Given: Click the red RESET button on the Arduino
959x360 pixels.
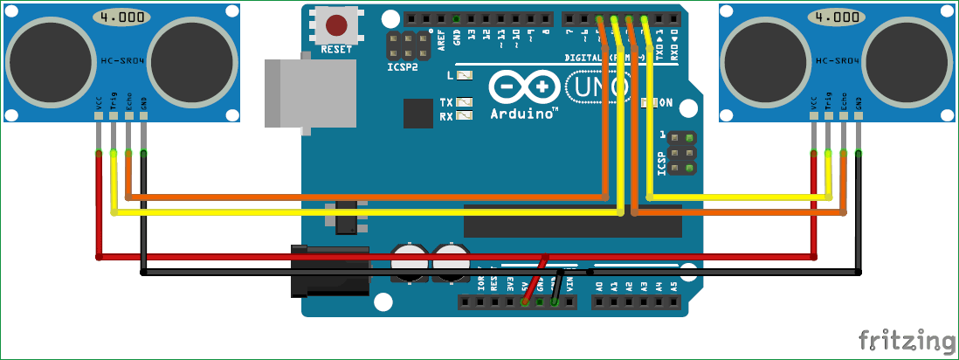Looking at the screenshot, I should pos(335,24).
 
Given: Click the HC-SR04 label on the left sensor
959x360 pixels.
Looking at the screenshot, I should pos(121,61).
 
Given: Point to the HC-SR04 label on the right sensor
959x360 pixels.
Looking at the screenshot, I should pos(837,61).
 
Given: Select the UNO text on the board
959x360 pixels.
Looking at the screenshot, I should pos(598,87).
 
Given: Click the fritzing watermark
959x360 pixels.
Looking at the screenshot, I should pos(906,340).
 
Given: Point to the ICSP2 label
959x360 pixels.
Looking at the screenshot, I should pos(403,66).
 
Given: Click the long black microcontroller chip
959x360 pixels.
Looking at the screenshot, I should pos(572,222).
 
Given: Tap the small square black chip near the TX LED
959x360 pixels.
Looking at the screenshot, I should pos(417,113).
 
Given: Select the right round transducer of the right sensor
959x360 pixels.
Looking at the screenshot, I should pos(909,63).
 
